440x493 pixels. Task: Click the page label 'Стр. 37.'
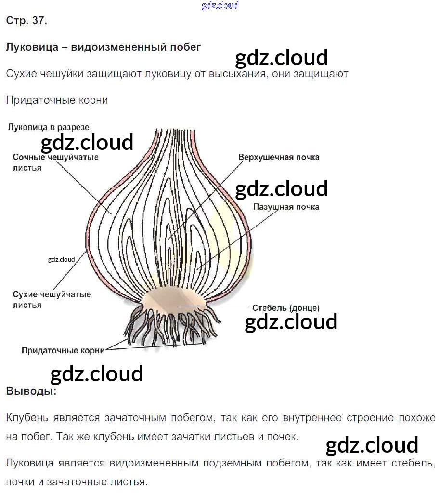point(26,21)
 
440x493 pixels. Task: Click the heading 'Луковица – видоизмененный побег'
point(103,47)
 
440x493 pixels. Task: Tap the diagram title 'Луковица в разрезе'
point(48,127)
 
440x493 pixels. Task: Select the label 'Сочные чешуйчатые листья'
point(55,162)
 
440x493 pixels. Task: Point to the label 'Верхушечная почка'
point(279,157)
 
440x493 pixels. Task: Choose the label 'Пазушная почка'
point(286,207)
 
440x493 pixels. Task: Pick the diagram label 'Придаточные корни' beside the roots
point(63,350)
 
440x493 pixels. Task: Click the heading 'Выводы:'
point(31,391)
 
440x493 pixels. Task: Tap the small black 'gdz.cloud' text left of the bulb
point(62,259)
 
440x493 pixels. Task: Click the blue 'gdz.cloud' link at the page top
point(220,6)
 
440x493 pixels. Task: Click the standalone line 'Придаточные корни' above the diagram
point(57,100)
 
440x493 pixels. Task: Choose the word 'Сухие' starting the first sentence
point(22,74)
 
